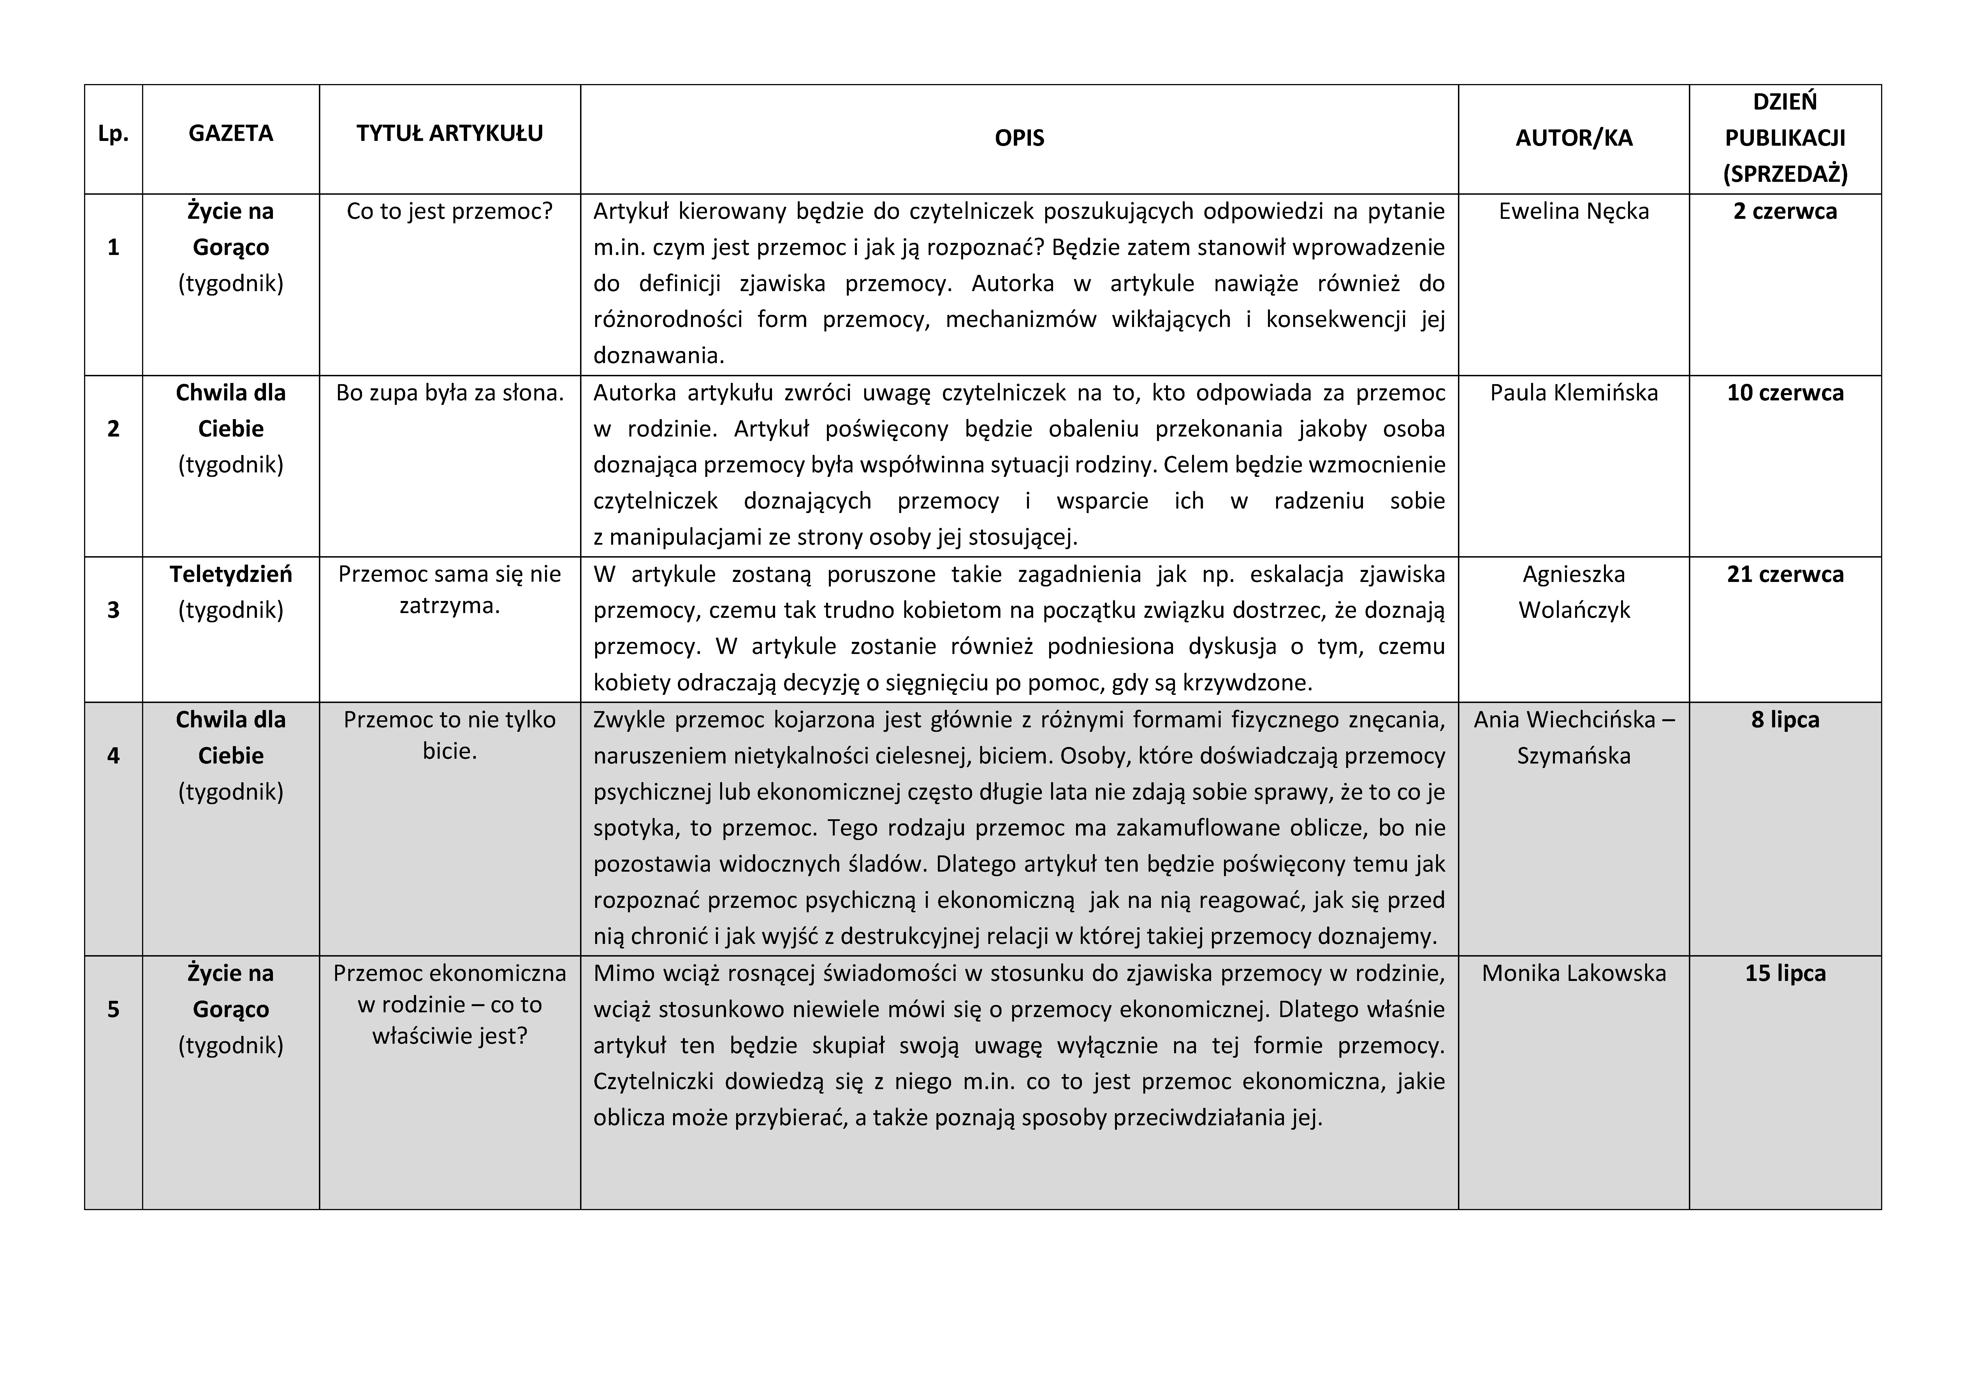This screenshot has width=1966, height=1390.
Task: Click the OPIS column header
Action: click(x=1019, y=139)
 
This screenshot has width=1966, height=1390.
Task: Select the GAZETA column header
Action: click(x=230, y=134)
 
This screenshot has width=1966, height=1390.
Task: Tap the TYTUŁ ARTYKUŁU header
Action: click(x=449, y=134)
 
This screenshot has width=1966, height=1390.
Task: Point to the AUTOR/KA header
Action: click(x=1574, y=139)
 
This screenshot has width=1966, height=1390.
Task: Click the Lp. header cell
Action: click(x=113, y=134)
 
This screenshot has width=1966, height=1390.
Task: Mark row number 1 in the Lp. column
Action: click(x=113, y=247)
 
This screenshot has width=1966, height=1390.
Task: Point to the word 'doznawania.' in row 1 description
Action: click(x=659, y=356)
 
